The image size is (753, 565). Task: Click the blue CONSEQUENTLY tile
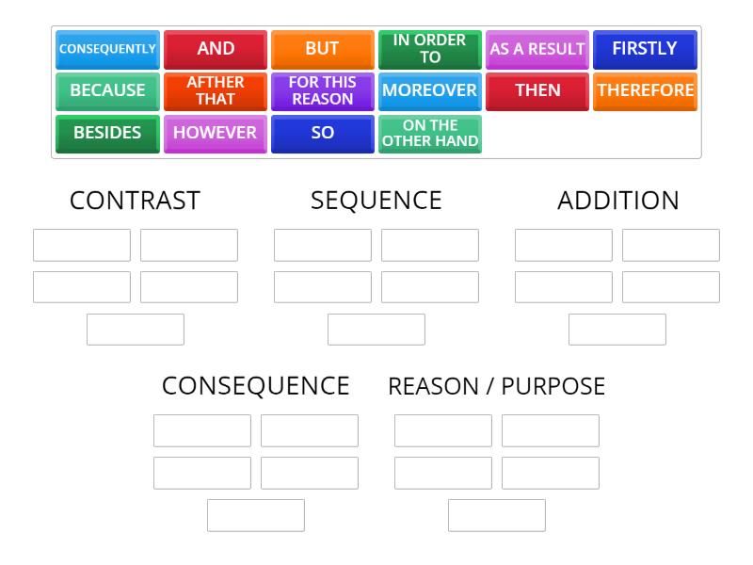(107, 50)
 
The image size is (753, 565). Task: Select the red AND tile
(216, 50)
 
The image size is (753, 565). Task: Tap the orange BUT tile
(323, 50)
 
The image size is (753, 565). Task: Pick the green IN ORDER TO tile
(430, 50)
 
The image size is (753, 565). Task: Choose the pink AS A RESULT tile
(537, 50)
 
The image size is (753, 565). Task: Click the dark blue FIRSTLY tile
(645, 50)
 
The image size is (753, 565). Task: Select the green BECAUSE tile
(107, 91)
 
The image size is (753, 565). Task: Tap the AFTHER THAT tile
(216, 91)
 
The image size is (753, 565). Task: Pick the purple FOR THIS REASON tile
(323, 91)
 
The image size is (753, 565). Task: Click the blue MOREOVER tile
(430, 91)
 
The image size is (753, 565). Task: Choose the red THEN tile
(537, 91)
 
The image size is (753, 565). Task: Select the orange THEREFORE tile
(645, 91)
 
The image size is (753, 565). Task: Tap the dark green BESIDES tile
(107, 134)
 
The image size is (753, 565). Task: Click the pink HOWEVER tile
(216, 134)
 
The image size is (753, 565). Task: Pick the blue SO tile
(323, 134)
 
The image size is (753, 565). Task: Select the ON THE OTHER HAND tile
(430, 134)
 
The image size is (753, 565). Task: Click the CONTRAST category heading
(135, 201)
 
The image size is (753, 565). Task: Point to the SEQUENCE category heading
(376, 201)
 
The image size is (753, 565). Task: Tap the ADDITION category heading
(618, 201)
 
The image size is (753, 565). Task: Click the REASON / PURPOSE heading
(497, 386)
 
